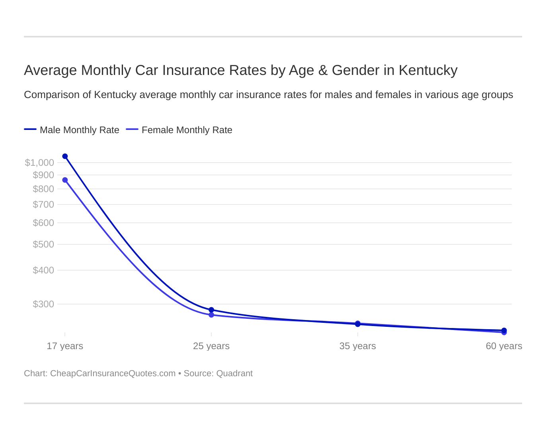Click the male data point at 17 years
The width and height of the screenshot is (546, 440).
(65, 156)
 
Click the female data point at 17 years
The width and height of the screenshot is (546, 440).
(65, 180)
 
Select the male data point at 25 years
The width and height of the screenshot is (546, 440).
(211, 310)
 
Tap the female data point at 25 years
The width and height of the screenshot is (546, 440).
(211, 315)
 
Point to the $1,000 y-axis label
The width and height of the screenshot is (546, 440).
(39, 163)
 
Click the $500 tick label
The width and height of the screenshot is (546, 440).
(43, 244)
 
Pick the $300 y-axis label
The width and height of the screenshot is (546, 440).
(43, 304)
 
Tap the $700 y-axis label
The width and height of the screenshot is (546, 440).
(43, 204)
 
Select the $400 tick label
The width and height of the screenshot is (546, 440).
(43, 270)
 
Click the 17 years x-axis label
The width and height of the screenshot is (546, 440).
(65, 346)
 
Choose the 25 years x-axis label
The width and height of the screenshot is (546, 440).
(211, 346)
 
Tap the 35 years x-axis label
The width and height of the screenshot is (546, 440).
(357, 346)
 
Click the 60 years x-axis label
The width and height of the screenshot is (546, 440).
(504, 346)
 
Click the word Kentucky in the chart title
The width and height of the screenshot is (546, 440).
(428, 70)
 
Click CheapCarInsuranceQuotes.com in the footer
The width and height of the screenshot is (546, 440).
(113, 373)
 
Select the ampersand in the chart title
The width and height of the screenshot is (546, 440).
(323, 70)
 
